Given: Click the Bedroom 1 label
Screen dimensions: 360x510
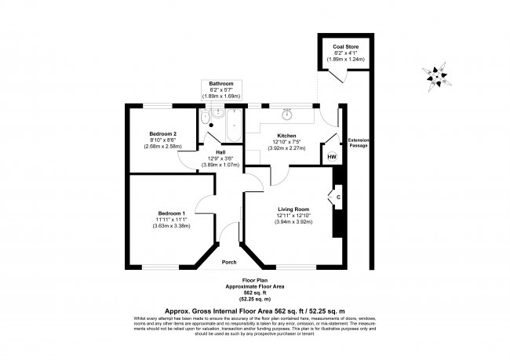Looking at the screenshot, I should (x=171, y=213).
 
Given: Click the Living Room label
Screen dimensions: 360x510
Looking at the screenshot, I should (x=293, y=209).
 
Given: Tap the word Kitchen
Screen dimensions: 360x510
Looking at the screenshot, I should (x=286, y=135).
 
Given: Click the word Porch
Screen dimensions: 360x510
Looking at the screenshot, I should (x=229, y=261).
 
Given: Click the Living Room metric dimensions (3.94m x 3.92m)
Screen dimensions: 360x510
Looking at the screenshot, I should (x=293, y=222).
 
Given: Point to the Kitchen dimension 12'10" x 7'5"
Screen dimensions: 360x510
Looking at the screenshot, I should (x=286, y=141).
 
